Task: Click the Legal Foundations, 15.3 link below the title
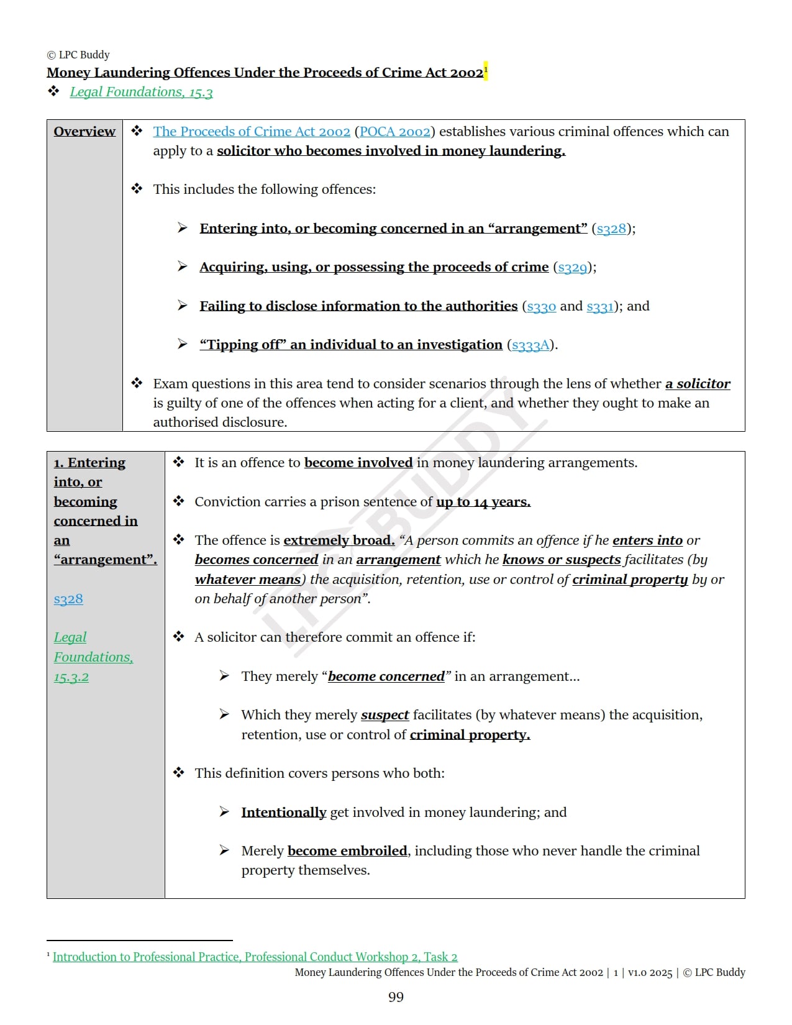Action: (x=141, y=92)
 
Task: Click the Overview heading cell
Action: (x=84, y=131)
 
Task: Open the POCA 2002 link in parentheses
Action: (x=395, y=131)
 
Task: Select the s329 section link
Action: (x=572, y=267)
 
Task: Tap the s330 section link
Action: (x=541, y=306)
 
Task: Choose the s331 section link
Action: (x=600, y=306)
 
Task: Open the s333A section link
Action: (x=530, y=345)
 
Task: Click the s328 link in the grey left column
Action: (x=68, y=599)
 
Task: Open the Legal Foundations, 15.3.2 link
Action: (x=93, y=657)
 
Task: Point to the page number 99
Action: (x=396, y=997)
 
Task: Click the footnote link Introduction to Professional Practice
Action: (x=255, y=957)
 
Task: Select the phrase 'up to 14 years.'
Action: (x=483, y=502)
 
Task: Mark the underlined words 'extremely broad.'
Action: (x=339, y=540)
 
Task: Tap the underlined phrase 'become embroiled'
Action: (x=347, y=851)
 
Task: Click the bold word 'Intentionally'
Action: (x=283, y=813)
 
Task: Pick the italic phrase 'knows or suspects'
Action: (x=562, y=560)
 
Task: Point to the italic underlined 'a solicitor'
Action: (x=698, y=384)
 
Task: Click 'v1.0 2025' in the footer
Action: (x=650, y=973)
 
